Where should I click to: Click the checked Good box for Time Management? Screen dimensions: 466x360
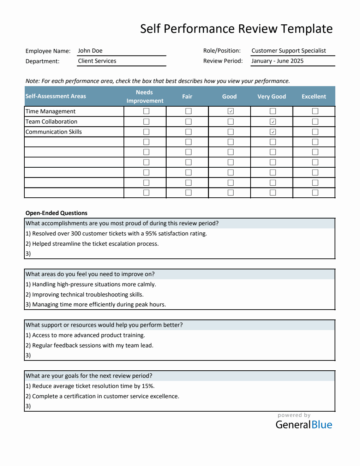coord(230,111)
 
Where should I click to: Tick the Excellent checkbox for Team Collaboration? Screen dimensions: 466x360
coord(315,121)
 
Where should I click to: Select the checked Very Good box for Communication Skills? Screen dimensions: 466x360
coord(273,132)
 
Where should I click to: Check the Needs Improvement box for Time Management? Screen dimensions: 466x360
coord(146,111)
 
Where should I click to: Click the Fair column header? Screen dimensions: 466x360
coord(187,96)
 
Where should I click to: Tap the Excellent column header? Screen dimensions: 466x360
coord(314,96)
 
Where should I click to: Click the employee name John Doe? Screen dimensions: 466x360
coord(90,51)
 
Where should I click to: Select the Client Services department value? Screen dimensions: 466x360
coord(97,61)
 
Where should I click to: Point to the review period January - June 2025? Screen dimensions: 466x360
coord(277,61)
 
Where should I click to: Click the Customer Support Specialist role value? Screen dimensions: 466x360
coord(289,51)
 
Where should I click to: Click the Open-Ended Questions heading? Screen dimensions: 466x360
coord(56,213)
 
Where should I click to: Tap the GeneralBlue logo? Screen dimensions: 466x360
coord(304,424)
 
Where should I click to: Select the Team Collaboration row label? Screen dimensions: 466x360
coord(52,121)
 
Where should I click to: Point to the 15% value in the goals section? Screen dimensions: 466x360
coord(148,386)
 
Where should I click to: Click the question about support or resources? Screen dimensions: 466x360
coord(104,325)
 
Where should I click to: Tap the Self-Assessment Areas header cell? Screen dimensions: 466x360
coord(56,96)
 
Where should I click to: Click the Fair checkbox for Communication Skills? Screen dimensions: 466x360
coord(188,132)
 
